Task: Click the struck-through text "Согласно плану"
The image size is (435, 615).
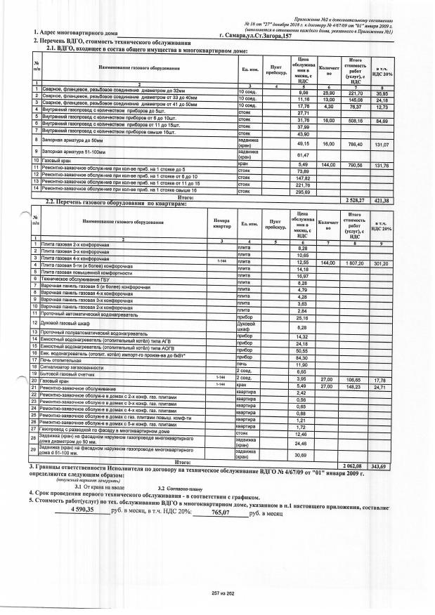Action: pos(185,487)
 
